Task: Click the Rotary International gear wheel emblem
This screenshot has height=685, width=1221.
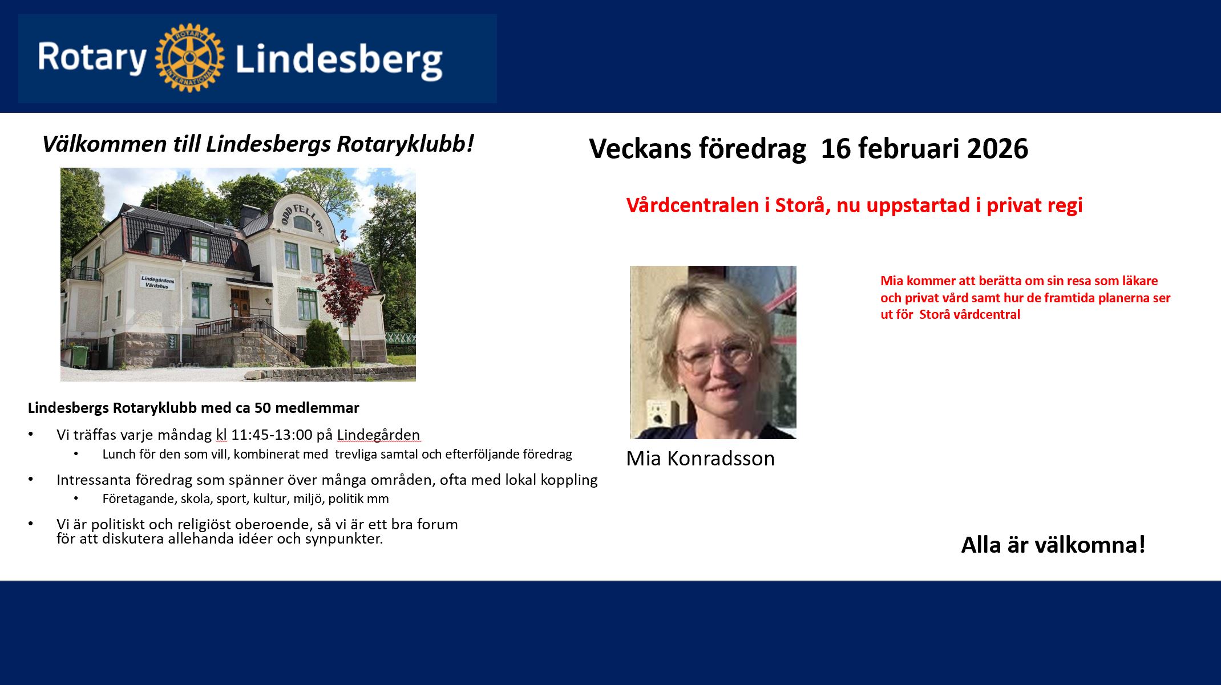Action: pos(189,58)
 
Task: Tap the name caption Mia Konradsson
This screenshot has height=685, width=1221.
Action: pos(700,459)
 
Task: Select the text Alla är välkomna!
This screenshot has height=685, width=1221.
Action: pos(1053,545)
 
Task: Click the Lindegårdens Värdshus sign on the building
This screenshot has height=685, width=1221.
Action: pos(158,282)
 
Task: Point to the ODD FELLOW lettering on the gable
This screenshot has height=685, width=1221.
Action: pos(302,218)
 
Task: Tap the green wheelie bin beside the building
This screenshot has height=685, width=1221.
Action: pos(79,356)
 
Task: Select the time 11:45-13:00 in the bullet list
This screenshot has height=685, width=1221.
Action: pos(272,435)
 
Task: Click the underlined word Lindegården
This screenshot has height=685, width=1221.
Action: pos(378,435)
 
